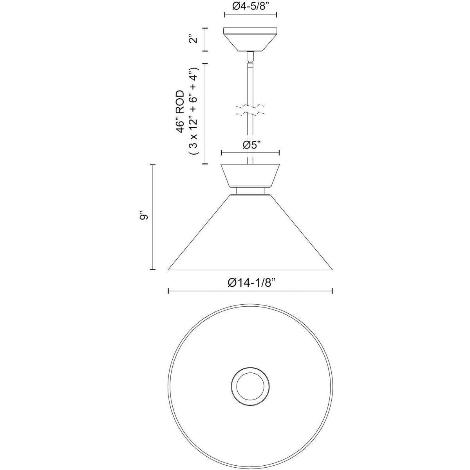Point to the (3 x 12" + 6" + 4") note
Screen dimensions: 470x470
coord(194,111)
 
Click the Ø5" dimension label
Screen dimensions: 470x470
coord(250,145)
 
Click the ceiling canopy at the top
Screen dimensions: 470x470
coord(250,39)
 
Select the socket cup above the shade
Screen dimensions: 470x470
coord(250,175)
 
